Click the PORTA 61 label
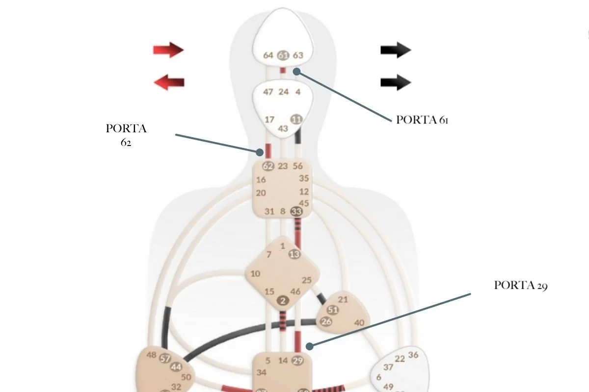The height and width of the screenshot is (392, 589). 422,120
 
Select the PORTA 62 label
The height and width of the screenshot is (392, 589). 126,135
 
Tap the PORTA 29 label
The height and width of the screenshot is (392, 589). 520,286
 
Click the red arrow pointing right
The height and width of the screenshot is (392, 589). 168,49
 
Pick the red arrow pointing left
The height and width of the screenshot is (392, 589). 169,82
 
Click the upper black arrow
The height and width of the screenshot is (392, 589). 396,49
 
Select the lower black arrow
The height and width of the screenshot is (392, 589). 396,82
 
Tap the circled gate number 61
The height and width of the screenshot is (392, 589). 283,55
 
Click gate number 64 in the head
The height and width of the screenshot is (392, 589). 268,55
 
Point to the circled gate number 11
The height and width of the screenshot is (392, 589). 296,119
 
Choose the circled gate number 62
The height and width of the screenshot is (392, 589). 268,166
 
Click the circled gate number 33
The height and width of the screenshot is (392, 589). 296,212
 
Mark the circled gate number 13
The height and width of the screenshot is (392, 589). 294,254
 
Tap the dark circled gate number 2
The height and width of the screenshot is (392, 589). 283,301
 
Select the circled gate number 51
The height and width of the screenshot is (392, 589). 333,310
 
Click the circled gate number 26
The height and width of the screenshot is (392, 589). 326,321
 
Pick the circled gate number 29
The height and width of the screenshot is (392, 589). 297,361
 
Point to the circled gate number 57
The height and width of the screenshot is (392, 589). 165,359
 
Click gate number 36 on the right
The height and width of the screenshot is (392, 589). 413,355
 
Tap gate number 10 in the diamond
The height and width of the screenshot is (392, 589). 255,274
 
